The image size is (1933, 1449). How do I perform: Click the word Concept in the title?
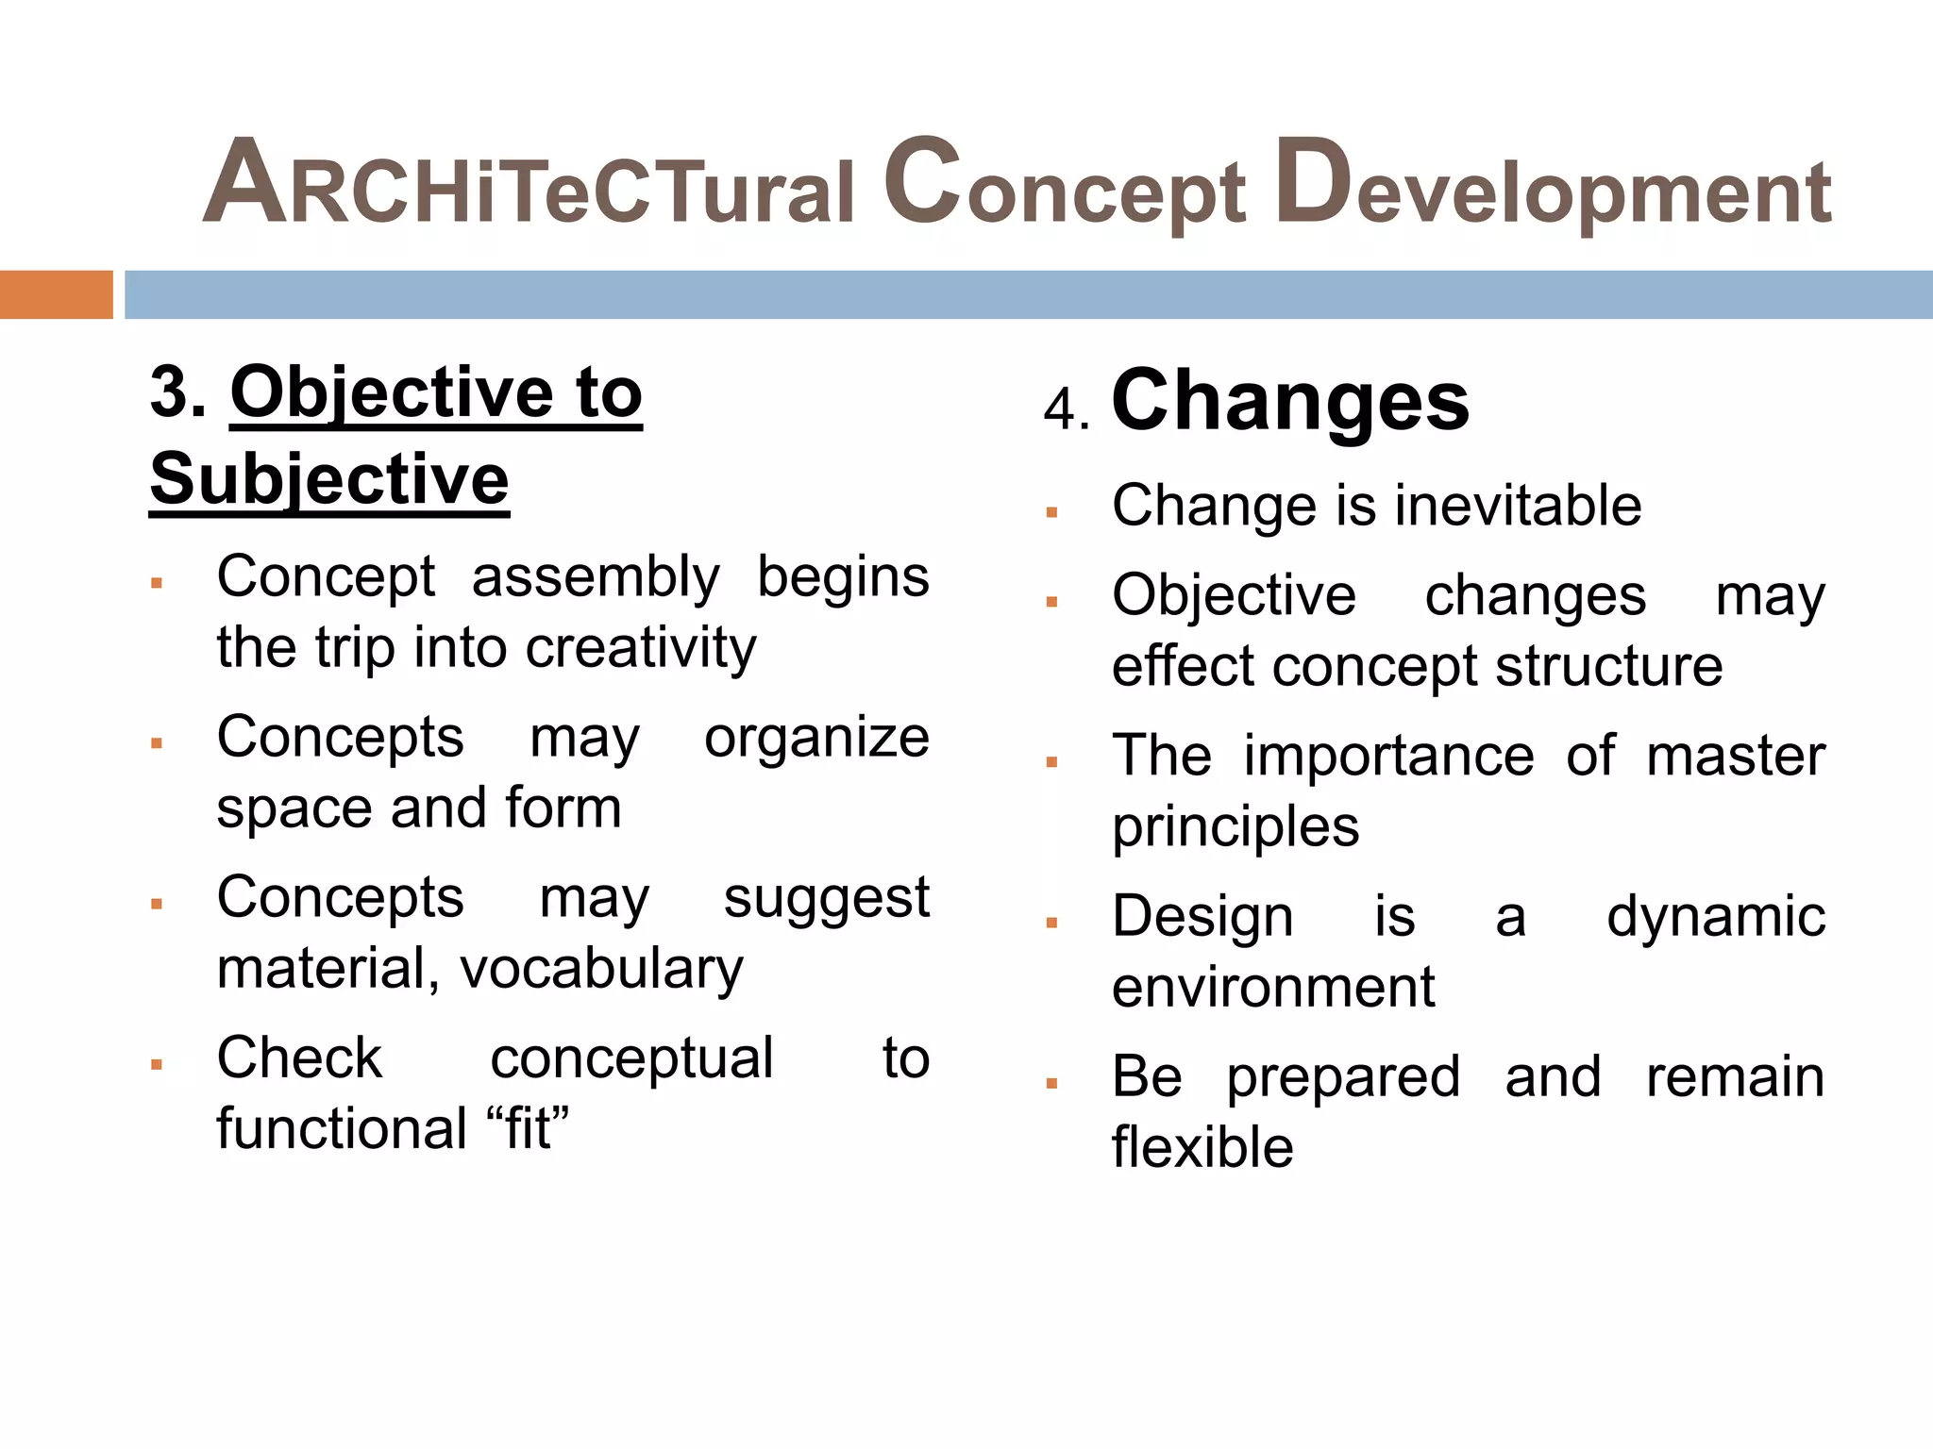1065,184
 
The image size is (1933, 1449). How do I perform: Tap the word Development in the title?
1553,184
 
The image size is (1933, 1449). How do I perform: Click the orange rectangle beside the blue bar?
56,294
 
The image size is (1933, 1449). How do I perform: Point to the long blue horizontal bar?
1028,294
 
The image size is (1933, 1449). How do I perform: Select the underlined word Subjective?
329,479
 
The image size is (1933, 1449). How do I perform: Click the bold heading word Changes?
1290,401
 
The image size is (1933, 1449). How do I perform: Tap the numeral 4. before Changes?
1067,410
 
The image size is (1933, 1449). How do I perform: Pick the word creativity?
641,649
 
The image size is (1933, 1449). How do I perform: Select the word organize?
816,737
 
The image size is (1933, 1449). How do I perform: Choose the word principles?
1235,827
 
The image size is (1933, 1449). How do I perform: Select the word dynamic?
1715,916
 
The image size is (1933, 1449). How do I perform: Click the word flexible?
1202,1148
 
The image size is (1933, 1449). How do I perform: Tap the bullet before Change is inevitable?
1051,513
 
